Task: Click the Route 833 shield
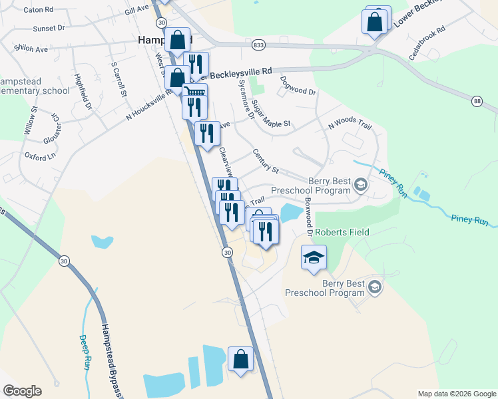point(259,45)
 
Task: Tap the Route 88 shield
point(477,101)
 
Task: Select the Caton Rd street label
point(38,11)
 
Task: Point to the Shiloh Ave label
point(31,49)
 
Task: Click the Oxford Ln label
point(41,157)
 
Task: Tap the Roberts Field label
point(342,233)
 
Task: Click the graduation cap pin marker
point(314,257)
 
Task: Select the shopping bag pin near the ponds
point(241,360)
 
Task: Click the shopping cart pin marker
point(194,93)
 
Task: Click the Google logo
point(22,391)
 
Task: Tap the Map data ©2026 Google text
point(456,394)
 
